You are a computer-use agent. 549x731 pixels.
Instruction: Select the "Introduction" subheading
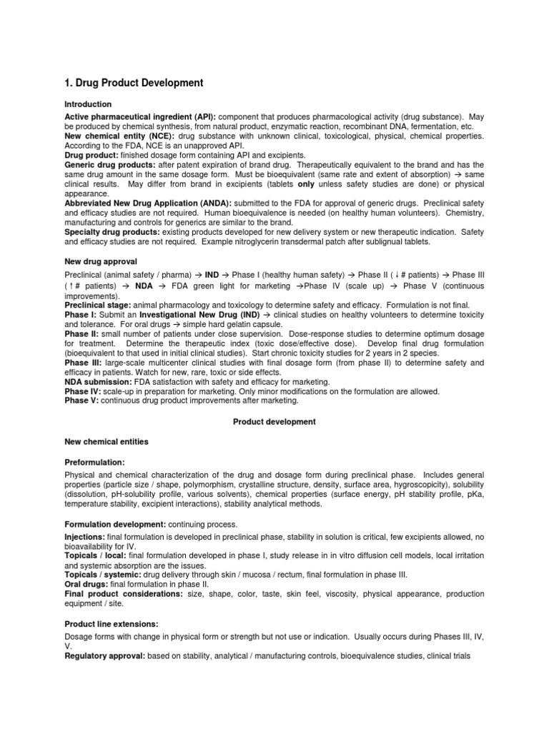click(x=88, y=104)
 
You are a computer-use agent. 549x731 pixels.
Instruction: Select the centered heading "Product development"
click(x=274, y=422)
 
